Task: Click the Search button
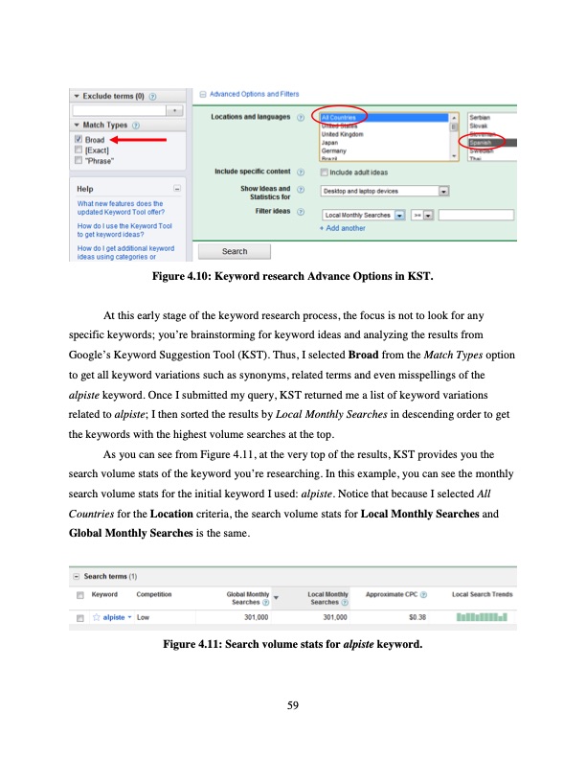point(235,251)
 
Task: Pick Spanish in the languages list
point(483,142)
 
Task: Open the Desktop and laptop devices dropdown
point(443,191)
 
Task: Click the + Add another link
point(342,228)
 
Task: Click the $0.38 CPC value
point(417,618)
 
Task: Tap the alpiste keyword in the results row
point(116,618)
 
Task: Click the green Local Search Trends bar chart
point(482,618)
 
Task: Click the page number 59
point(293,706)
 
